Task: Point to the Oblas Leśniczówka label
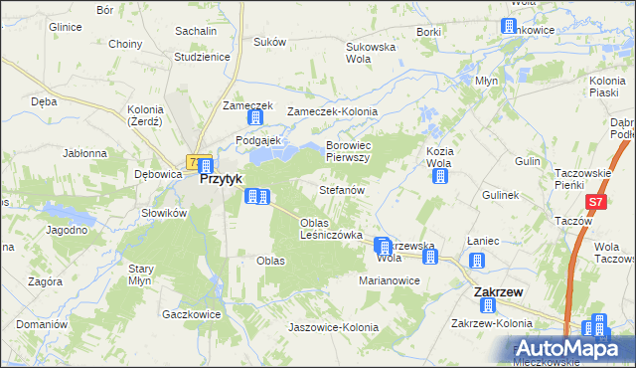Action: point(330,229)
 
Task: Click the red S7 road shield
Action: point(594,202)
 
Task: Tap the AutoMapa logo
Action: point(573,349)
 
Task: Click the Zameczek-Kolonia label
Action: point(326,112)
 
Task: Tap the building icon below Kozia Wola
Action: point(439,177)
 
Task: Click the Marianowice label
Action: point(391,281)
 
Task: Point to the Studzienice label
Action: point(202,57)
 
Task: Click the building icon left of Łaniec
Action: point(476,261)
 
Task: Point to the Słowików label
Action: point(164,213)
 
